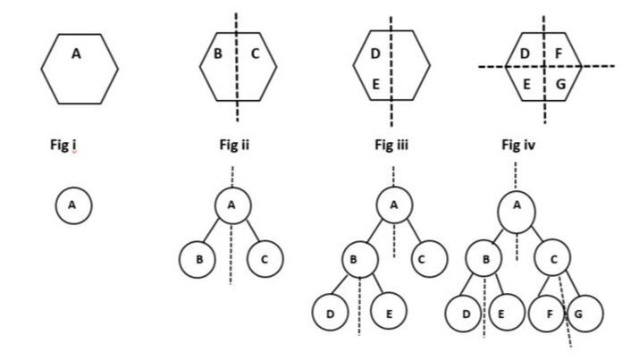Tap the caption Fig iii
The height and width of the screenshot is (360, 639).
click(391, 146)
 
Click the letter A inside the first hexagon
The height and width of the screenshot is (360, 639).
click(76, 55)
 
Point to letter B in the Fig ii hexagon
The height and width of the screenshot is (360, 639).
click(217, 55)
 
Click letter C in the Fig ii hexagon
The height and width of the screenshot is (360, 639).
click(255, 55)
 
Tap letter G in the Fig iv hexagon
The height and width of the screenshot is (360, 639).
click(560, 85)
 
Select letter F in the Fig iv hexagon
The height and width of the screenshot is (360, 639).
click(559, 55)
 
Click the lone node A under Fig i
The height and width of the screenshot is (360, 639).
click(72, 205)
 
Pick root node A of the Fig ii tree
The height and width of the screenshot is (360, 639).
click(231, 206)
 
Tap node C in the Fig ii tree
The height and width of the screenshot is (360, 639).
click(266, 259)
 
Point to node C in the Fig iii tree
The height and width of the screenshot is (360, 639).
click(429, 260)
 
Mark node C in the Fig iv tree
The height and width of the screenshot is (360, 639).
click(554, 261)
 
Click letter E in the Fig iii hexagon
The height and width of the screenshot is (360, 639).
click(375, 85)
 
